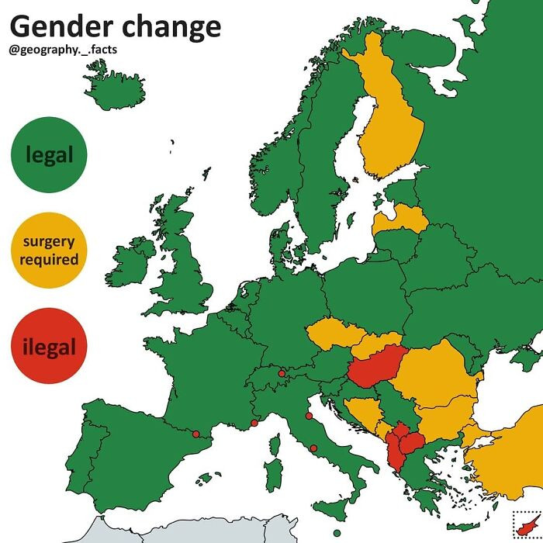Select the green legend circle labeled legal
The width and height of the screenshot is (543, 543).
coord(49,154)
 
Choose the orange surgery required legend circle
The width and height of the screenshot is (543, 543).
coord(49,250)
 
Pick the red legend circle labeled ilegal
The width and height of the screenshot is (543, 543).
coord(49,346)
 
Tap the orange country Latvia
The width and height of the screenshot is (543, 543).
coord(400,220)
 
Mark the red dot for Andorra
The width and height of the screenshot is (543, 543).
coord(195,434)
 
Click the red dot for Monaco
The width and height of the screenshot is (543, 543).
coord(254,424)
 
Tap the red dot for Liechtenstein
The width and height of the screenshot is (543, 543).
coord(282,374)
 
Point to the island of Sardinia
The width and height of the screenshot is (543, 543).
coord(273,473)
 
